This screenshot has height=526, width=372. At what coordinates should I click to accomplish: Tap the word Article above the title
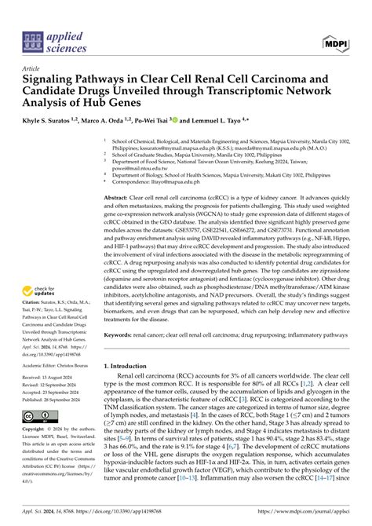pyautogui.click(x=33, y=68)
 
